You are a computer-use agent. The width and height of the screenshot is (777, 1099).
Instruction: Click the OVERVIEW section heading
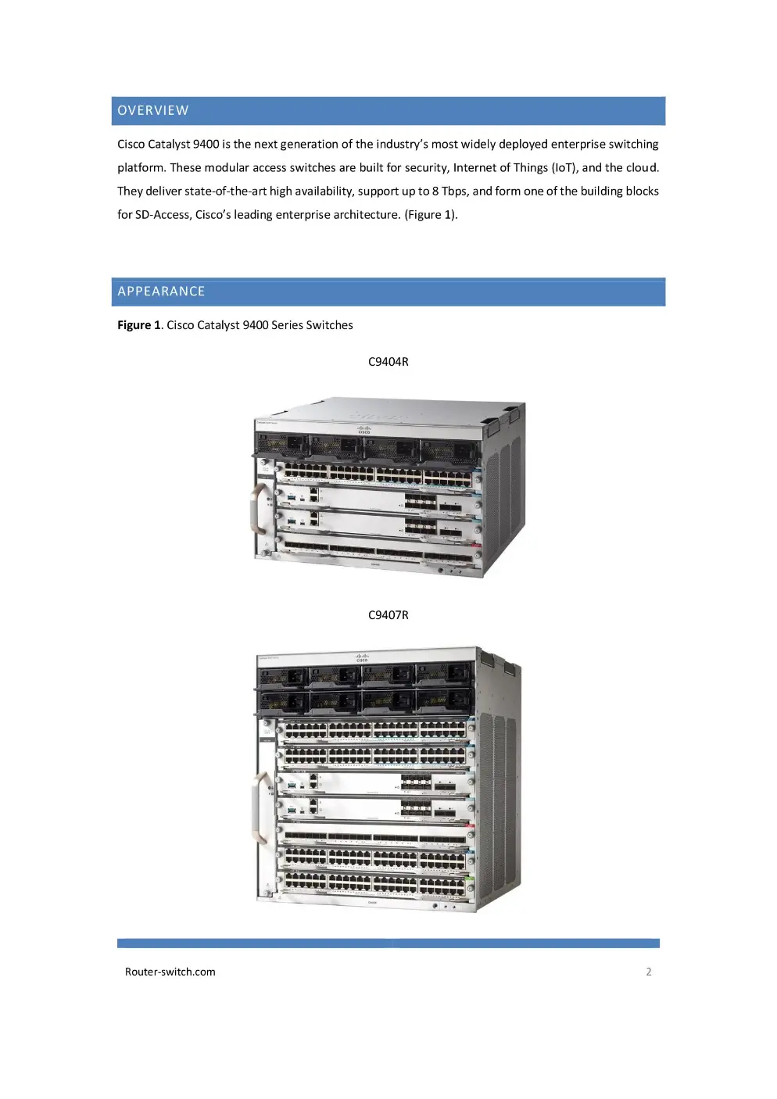(153, 111)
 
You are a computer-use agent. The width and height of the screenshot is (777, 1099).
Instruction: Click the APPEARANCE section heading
(161, 292)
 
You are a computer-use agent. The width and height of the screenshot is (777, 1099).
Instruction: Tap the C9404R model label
(388, 362)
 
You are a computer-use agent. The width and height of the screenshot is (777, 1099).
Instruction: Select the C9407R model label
(388, 615)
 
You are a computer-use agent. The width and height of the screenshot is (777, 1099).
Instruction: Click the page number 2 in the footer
(649, 972)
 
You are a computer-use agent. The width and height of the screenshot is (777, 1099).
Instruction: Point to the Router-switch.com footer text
(170, 972)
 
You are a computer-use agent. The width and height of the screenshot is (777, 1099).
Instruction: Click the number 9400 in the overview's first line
(206, 145)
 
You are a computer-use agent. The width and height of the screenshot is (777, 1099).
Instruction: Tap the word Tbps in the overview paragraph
(455, 192)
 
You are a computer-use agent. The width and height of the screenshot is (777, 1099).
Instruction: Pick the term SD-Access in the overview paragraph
(162, 215)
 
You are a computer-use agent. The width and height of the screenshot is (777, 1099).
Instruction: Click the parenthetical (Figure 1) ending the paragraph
(430, 215)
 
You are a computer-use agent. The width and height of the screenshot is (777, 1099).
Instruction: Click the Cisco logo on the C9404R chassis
(363, 429)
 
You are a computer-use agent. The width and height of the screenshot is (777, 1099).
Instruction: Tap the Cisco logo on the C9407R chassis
(362, 657)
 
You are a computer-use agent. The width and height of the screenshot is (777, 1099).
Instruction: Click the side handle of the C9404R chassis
(260, 509)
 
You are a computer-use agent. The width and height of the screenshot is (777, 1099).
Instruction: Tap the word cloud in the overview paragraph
(642, 168)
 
